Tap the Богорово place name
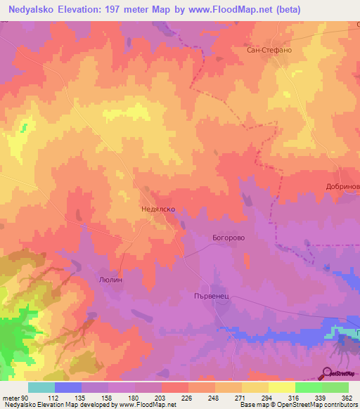coord(229,238)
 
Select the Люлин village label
coord(110,279)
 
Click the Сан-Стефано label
coord(269,51)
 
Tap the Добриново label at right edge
coord(343,187)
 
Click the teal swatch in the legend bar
coord(41,387)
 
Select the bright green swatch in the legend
coord(308,387)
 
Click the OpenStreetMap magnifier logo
coord(328,372)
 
